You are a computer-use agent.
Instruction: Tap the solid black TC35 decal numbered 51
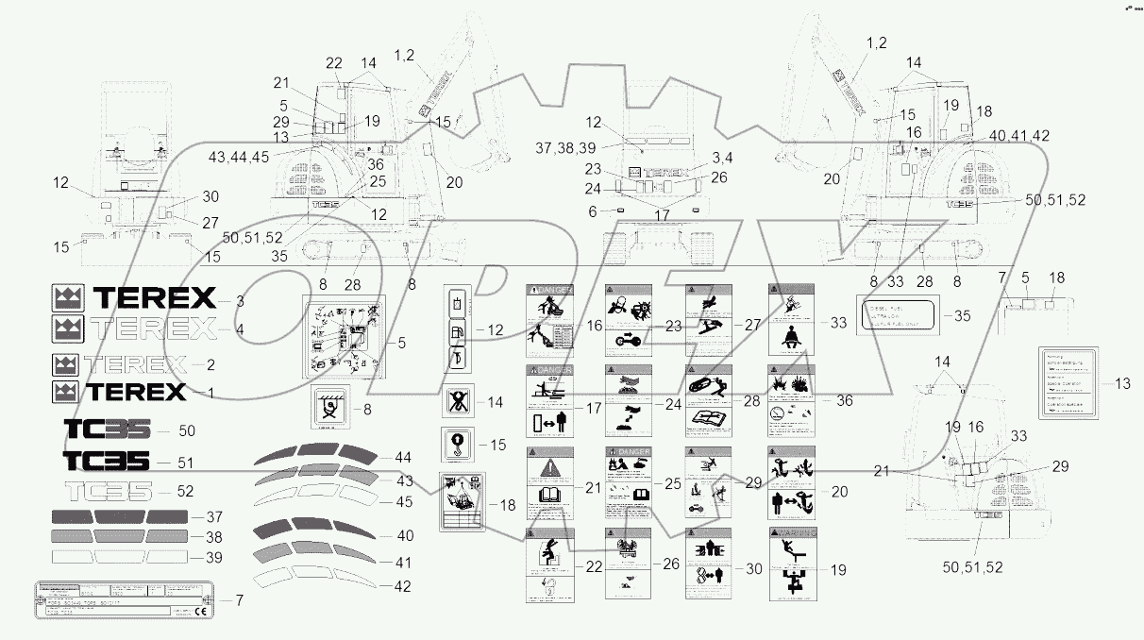point(106,461)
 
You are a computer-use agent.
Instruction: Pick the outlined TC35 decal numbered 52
point(106,492)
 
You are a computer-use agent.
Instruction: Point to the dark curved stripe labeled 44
point(316,455)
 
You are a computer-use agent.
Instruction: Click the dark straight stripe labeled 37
point(119,516)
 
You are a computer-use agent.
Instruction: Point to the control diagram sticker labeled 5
point(344,336)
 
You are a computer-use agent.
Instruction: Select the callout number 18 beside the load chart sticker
point(510,505)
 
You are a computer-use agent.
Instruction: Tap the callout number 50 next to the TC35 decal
point(187,430)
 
